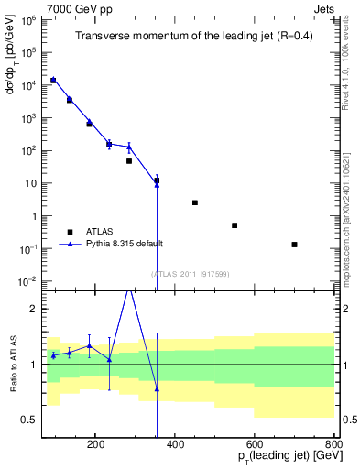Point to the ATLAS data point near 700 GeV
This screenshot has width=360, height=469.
pyautogui.click(x=294, y=245)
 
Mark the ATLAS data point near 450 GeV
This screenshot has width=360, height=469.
pyautogui.click(x=194, y=202)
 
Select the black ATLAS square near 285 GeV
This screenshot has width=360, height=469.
pyautogui.click(x=129, y=161)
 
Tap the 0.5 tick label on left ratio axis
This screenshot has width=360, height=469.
pyautogui.click(x=28, y=420)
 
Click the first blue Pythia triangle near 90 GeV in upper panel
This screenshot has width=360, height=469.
pyautogui.click(x=53, y=80)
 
